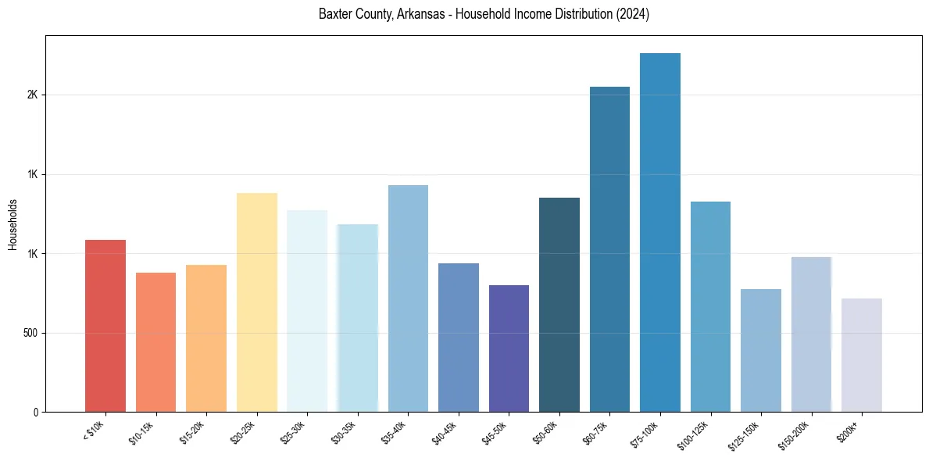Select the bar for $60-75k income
(x=609, y=249)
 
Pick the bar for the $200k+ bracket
(x=862, y=356)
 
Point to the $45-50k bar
(x=509, y=348)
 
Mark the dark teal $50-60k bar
(x=559, y=305)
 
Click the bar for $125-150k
(x=761, y=351)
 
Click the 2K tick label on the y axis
(x=32, y=95)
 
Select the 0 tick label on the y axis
(x=35, y=413)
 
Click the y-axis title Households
(x=13, y=223)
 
